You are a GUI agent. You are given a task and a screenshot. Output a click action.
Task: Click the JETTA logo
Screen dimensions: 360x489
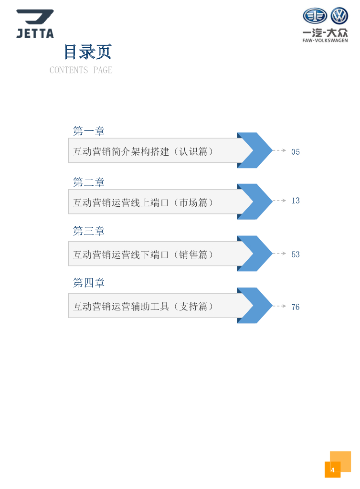pos(35,23)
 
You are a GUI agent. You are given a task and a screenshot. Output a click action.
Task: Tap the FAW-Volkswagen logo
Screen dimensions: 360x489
pos(325,25)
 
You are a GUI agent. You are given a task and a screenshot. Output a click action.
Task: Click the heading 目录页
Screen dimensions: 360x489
pos(88,52)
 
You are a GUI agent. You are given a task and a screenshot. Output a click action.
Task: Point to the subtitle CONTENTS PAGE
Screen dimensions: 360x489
pos(81,70)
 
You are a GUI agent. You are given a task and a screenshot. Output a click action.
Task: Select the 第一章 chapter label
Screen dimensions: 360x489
pos(89,131)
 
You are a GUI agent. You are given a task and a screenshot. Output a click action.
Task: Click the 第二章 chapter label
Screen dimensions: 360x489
pos(89,182)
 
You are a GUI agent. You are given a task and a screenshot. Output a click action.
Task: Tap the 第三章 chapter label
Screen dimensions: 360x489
pos(89,231)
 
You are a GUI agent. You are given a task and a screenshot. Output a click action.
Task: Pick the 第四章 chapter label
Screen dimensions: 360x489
pos(89,283)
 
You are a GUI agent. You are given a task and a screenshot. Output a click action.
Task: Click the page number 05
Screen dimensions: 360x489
pos(296,152)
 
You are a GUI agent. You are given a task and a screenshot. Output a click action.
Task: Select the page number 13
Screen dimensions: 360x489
pos(296,201)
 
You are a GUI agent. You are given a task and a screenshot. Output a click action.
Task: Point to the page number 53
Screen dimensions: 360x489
pos(296,255)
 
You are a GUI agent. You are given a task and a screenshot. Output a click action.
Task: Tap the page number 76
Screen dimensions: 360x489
pos(296,307)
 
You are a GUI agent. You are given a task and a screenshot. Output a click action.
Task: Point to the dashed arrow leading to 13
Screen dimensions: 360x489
pos(279,201)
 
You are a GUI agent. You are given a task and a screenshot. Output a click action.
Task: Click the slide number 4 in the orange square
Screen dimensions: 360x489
pos(333,470)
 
